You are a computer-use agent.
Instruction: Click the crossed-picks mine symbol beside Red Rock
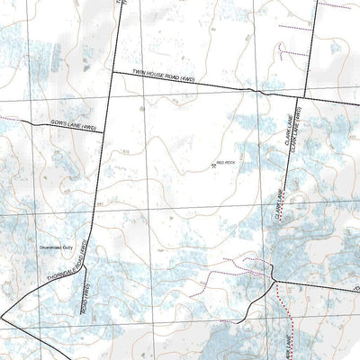pos(214,165)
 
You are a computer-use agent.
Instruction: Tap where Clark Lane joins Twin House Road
pos(301,97)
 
